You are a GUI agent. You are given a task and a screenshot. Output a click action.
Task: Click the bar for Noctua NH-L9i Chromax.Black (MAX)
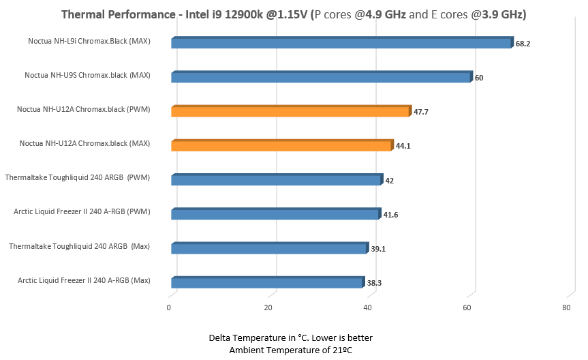click(341, 44)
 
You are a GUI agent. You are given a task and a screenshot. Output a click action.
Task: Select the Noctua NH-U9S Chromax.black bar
click(320, 78)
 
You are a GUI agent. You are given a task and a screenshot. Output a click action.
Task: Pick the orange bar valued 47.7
click(290, 112)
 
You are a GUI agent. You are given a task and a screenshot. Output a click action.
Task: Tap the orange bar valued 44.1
click(281, 146)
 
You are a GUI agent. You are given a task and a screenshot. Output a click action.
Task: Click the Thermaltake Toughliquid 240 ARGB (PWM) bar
click(276, 181)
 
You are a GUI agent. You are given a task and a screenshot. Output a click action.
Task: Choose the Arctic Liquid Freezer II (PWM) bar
click(275, 215)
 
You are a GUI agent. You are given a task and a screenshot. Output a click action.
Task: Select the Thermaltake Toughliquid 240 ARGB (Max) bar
click(269, 249)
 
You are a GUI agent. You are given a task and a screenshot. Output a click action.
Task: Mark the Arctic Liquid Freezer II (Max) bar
click(267, 283)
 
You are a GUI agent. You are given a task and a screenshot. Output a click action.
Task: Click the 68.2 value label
click(523, 44)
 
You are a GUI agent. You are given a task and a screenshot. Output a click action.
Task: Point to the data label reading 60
click(479, 78)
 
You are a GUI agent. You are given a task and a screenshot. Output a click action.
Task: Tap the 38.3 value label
click(375, 283)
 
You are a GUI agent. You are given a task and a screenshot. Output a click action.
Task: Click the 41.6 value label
click(390, 215)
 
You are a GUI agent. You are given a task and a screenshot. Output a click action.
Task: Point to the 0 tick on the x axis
click(169, 308)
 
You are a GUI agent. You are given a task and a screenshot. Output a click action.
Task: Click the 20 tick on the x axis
click(268, 308)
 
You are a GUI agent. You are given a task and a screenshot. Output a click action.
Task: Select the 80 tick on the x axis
click(566, 308)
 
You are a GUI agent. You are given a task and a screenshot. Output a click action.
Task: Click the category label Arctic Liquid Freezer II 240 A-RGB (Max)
click(84, 280)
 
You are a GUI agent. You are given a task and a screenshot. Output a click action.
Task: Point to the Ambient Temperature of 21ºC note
click(290, 350)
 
